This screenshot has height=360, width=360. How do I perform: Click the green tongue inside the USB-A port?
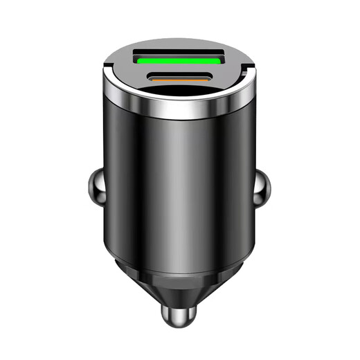pyautogui.click(x=179, y=62)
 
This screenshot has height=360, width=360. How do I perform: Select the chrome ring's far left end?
pyautogui.click(x=102, y=87)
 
